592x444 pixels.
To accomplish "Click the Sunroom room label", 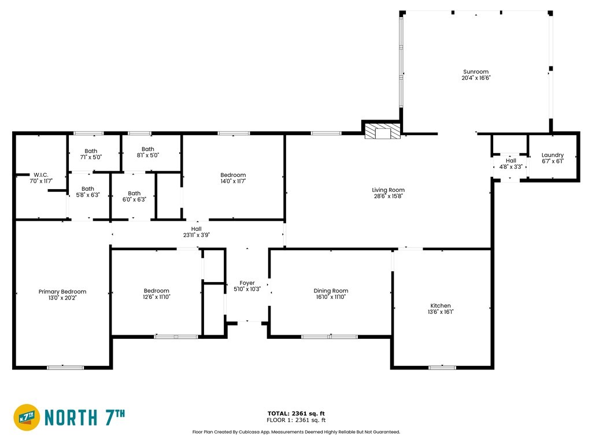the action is click(476, 72).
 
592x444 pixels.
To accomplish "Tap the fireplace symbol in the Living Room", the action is click(383, 131).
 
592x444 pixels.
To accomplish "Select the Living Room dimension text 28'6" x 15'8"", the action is click(388, 197).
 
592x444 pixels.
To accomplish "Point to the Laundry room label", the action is click(552, 155).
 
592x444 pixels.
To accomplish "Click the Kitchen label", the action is click(441, 306).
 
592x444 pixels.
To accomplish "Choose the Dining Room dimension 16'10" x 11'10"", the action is click(331, 297).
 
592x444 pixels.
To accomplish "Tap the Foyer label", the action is click(247, 283).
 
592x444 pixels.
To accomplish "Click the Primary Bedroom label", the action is click(62, 292).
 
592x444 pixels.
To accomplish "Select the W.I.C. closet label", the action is click(41, 175).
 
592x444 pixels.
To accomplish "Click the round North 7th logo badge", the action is click(27, 417).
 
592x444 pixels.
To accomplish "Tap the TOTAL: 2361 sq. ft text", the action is click(296, 413).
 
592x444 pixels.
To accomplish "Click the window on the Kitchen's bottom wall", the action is click(442, 367).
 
